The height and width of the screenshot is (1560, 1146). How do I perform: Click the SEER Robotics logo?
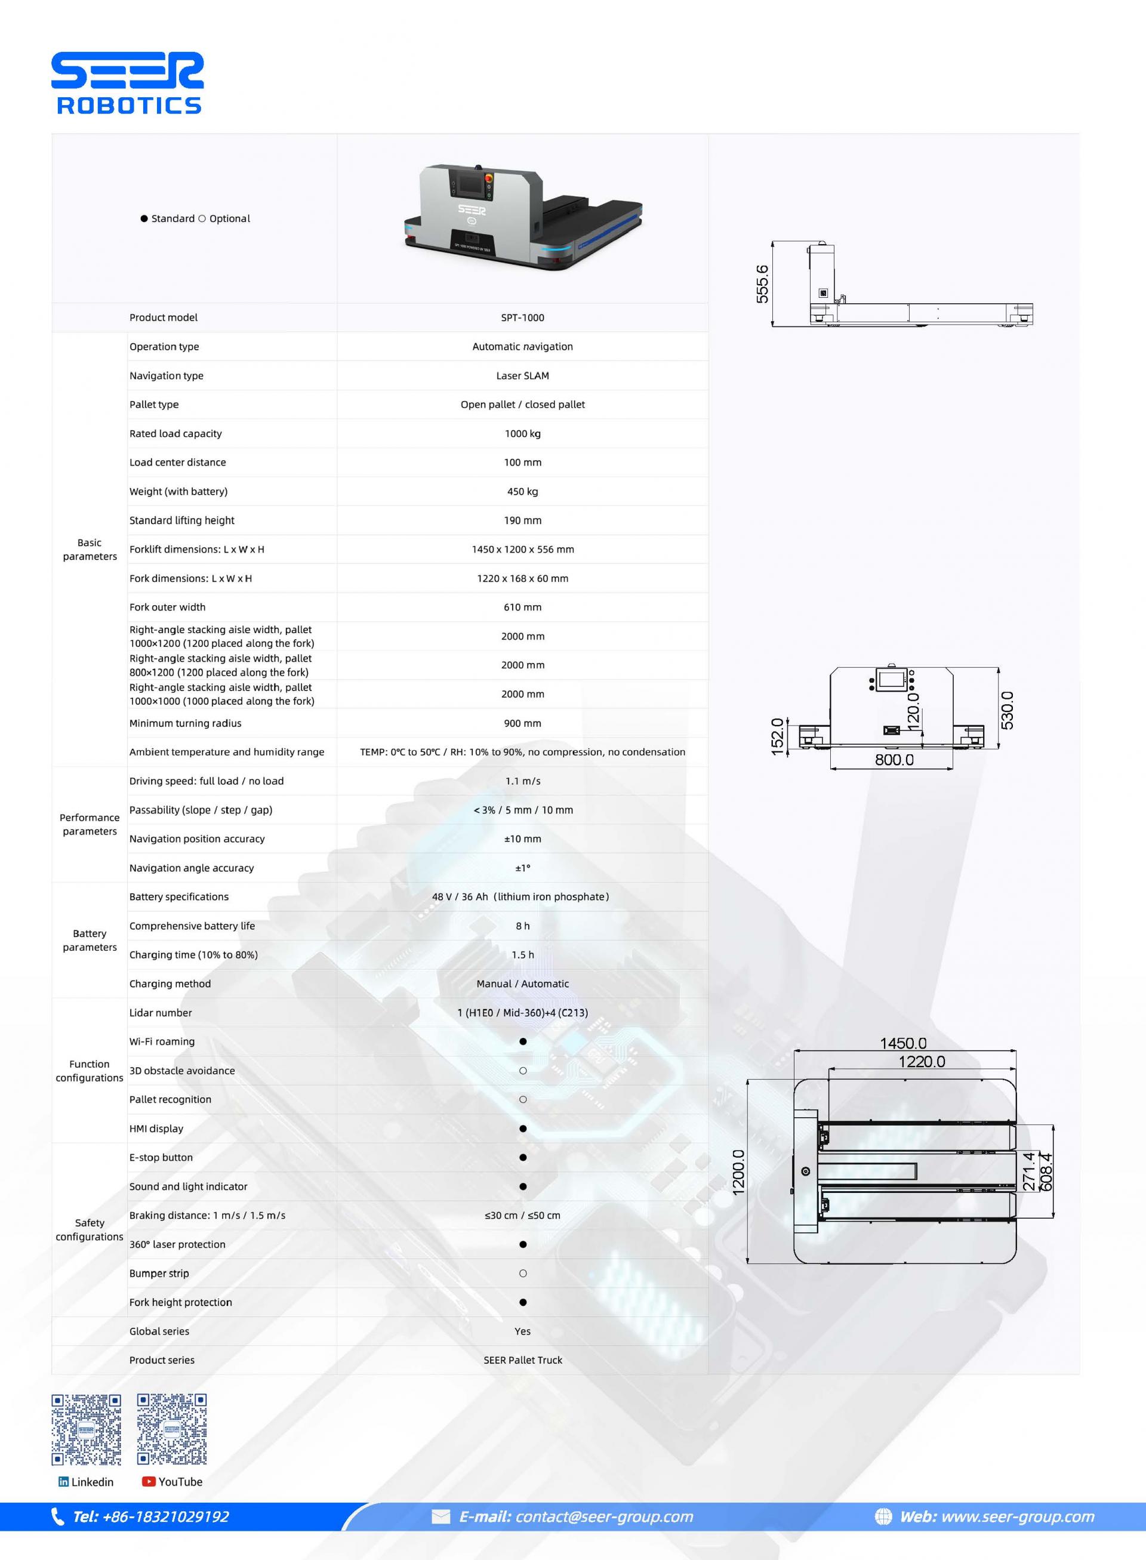[x=128, y=82]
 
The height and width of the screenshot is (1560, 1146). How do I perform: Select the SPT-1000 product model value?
[x=522, y=317]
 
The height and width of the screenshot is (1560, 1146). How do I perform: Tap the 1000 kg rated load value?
[x=522, y=433]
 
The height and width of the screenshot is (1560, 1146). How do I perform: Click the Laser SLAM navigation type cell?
[x=522, y=376]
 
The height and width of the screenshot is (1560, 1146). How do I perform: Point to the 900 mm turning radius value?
[x=522, y=723]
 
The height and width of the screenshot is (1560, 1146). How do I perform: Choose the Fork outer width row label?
[x=167, y=608]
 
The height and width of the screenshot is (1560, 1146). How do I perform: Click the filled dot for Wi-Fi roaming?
[x=523, y=1042]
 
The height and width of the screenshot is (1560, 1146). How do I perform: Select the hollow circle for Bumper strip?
[x=523, y=1274]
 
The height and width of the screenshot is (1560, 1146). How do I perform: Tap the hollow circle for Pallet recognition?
[x=523, y=1099]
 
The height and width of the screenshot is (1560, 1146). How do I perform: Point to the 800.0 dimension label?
[x=894, y=760]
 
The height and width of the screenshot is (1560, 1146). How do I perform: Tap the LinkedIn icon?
[x=64, y=1482]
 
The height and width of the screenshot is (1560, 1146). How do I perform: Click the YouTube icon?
[x=149, y=1482]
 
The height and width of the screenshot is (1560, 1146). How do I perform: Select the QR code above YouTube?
[x=171, y=1429]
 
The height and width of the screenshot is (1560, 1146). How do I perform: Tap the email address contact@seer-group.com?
[x=604, y=1517]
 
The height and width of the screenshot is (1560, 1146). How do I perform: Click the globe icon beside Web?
[x=883, y=1517]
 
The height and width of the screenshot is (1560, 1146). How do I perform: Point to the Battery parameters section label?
[x=90, y=941]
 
